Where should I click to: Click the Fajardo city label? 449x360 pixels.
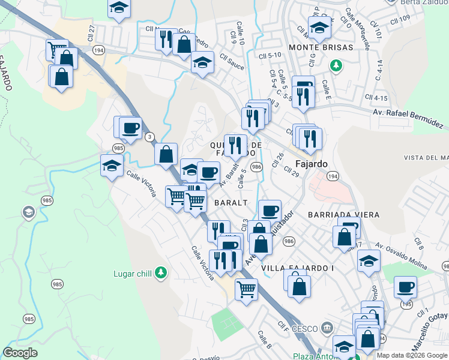(x=313, y=163)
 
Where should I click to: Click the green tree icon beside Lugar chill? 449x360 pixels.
(x=160, y=273)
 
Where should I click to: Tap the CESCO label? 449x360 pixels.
(x=305, y=329)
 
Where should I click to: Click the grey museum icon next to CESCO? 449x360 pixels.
(x=326, y=328)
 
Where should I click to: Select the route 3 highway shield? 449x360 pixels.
(x=148, y=137)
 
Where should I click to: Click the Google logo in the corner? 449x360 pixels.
(x=20, y=353)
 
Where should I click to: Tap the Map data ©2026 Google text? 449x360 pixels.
(x=412, y=355)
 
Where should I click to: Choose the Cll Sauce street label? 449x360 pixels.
(x=232, y=61)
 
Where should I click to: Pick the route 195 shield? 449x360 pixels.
(x=408, y=304)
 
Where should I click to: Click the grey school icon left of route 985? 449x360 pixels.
(x=28, y=212)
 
